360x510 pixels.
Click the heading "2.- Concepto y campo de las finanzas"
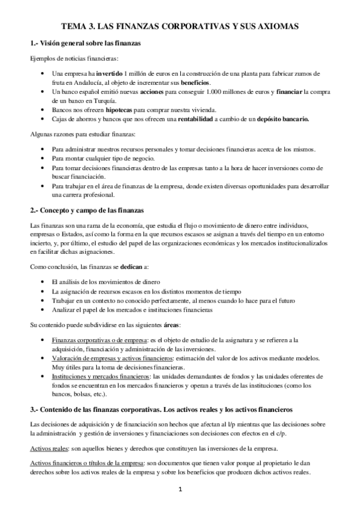click(87, 210)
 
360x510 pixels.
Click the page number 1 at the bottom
click(180, 491)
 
